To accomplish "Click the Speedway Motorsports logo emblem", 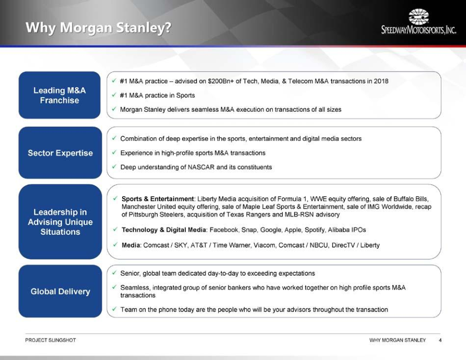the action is click(x=418, y=16).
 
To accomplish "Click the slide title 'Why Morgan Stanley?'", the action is click(x=99, y=28).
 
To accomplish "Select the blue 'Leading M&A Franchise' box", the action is click(x=59, y=95).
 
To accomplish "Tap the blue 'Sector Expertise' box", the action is click(x=60, y=153).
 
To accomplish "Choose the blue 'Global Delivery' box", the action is click(x=60, y=291).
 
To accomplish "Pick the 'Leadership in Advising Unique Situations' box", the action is click(x=60, y=222).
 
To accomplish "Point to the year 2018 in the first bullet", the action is click(x=381, y=81).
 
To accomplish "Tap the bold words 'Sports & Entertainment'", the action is click(x=157, y=199).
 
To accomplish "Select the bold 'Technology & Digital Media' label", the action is click(x=164, y=230).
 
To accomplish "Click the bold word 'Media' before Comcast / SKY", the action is click(x=131, y=245).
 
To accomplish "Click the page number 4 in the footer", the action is click(x=440, y=340).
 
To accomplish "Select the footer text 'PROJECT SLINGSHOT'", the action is click(x=51, y=340).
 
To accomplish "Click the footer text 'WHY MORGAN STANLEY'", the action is click(x=398, y=340).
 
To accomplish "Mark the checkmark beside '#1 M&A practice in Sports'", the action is click(x=114, y=95).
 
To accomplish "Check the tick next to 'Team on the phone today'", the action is click(x=114, y=309).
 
